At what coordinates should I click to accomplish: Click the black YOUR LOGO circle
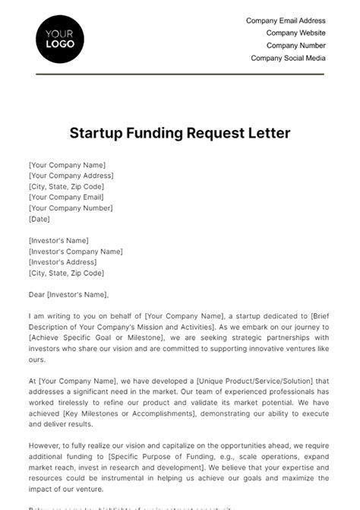coord(60,39)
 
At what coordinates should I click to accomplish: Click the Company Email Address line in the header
coord(286,21)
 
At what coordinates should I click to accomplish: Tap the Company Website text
coord(295,33)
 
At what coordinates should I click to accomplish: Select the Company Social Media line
coord(288,58)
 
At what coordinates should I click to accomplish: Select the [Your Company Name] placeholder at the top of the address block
coord(67,165)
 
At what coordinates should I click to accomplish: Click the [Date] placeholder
coord(39,219)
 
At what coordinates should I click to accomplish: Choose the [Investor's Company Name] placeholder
coord(75,252)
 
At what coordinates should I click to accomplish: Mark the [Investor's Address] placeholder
coord(64,262)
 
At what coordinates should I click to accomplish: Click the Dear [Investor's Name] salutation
coord(68,295)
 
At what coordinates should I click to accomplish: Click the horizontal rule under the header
coord(180,74)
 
